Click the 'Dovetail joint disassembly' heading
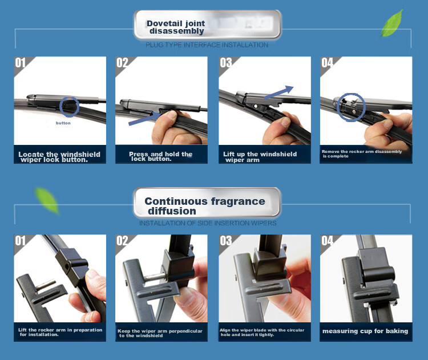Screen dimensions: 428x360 (176, 27)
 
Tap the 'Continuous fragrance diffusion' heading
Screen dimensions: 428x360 (205, 206)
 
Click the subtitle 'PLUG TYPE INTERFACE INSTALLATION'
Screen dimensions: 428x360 (207, 45)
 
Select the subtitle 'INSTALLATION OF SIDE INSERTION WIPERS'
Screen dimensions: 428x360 (208, 223)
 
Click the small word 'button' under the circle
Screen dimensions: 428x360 (63, 123)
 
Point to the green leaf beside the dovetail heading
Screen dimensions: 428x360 (392, 23)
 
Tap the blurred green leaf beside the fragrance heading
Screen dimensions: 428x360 (47, 201)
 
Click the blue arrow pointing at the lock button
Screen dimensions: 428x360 (145, 119)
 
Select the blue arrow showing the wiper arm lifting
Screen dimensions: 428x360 (278, 92)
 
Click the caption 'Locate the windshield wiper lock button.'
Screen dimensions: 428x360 (59, 157)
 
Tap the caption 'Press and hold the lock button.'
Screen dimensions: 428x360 (161, 156)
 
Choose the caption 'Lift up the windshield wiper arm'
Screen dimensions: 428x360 (260, 157)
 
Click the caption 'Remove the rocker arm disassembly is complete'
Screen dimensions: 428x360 (362, 153)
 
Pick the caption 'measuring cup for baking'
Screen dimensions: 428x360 (365, 331)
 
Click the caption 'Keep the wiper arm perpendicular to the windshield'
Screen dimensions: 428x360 (160, 333)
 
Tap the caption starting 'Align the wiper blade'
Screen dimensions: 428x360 (262, 332)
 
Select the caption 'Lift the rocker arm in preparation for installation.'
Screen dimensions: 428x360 (60, 332)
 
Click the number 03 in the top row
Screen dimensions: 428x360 (226, 63)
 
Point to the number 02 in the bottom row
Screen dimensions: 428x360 (122, 241)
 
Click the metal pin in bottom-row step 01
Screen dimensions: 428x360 (46, 285)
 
